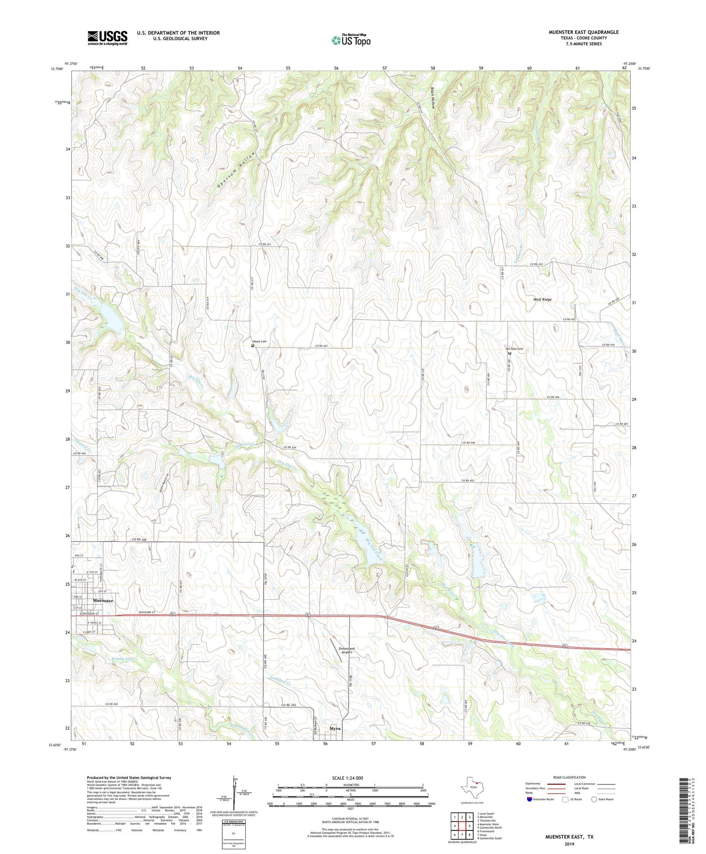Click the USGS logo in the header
pos(107,38)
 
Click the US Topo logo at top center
pos(351,41)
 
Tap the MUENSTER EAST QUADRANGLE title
pos(583,32)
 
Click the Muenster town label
pos(103,601)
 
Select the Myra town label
pos(335,729)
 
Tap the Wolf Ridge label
pos(542,300)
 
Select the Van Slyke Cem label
pos(514,349)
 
